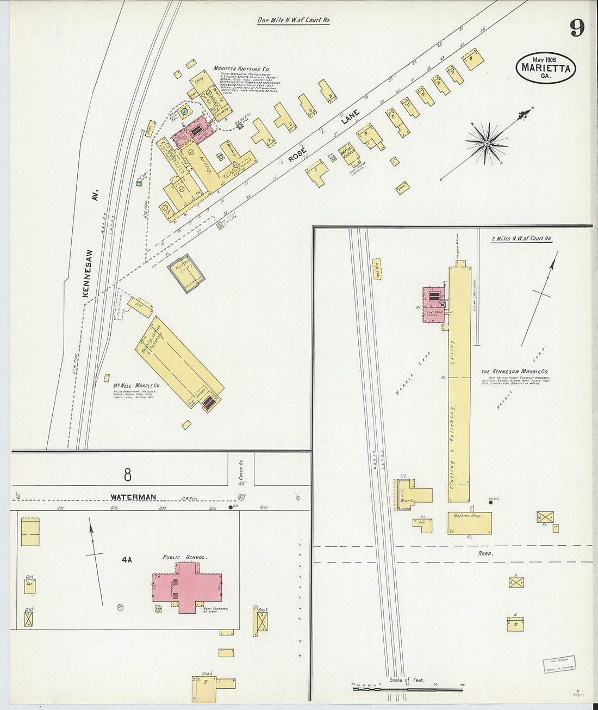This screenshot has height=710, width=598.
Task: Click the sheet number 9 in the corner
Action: pos(577,27)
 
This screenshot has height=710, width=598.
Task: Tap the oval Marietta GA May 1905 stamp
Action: pos(546,68)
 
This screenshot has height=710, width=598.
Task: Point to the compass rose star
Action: pos(487,144)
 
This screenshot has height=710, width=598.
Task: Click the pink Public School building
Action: pos(187,586)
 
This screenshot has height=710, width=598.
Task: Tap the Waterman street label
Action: pos(133,497)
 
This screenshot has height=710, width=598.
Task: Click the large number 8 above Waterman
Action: pos(127,475)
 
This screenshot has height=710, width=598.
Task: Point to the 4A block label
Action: pos(127,559)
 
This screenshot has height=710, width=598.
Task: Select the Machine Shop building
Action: pos(470,523)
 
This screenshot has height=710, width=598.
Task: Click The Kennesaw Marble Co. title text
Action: pos(514,372)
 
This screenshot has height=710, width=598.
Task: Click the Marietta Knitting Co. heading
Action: pos(241,70)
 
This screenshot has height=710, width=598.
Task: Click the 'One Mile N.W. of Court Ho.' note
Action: pos(294,21)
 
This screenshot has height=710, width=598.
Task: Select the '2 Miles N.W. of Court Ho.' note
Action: pos(521,239)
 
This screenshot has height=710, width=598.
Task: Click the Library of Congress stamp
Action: pos(559,664)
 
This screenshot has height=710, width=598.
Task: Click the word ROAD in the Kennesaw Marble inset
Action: pos(485,553)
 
